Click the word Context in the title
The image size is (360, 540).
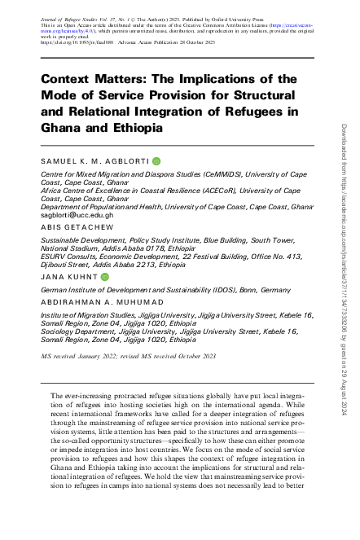[70, 79]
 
